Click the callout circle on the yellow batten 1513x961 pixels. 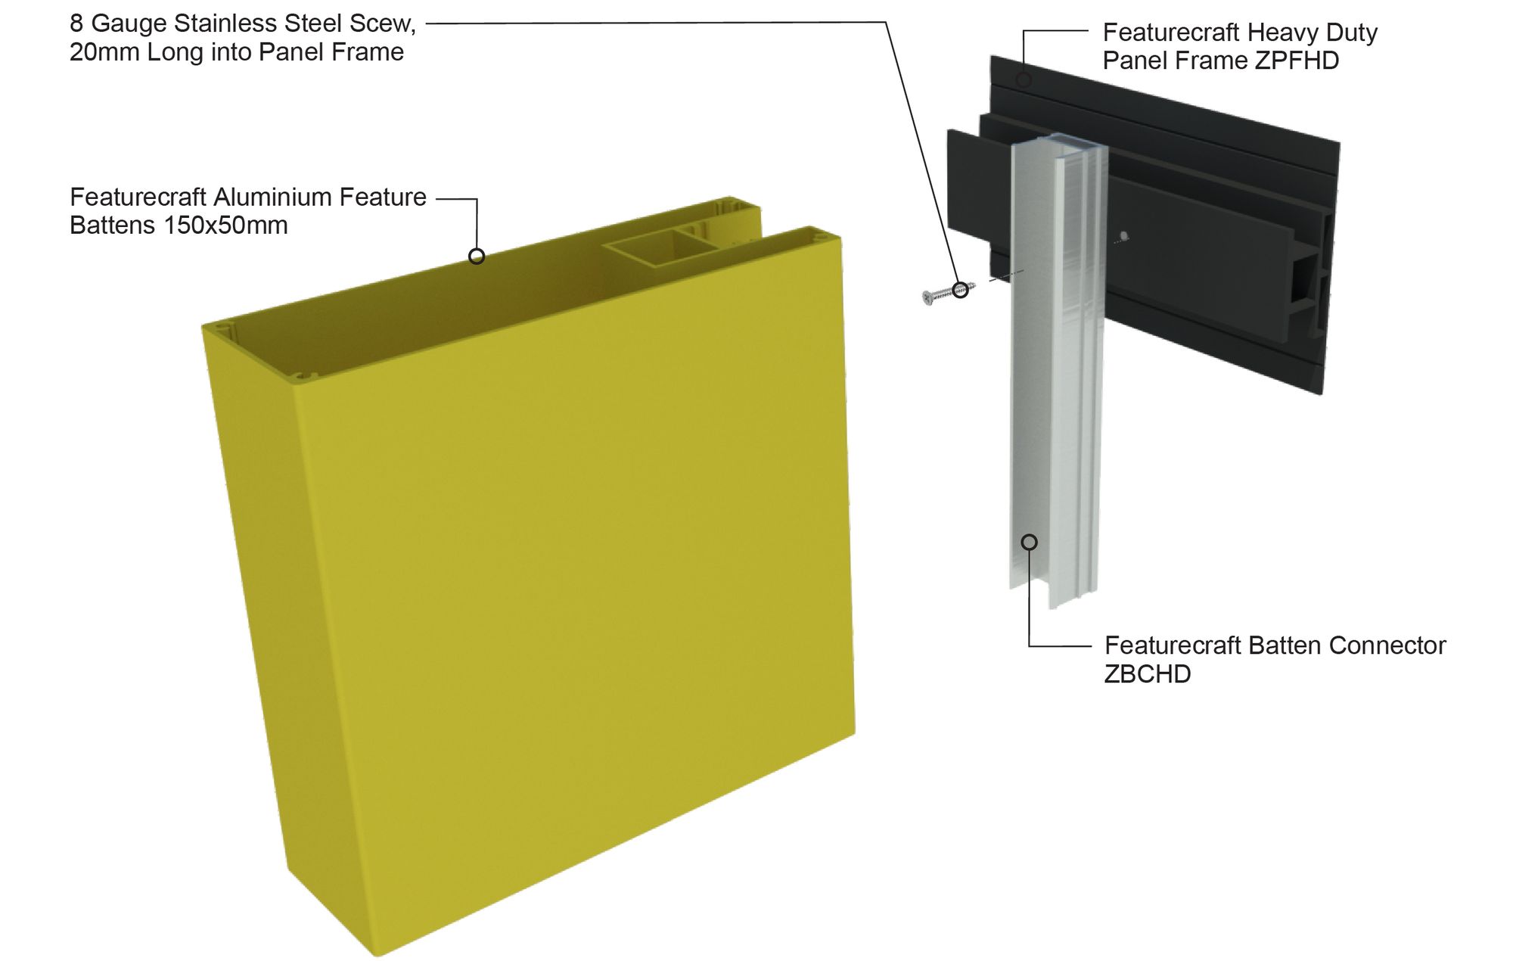click(477, 257)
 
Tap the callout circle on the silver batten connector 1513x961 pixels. click(1029, 542)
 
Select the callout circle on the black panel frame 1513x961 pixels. click(1024, 79)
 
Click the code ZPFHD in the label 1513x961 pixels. click(1296, 61)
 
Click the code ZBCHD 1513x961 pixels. click(1147, 674)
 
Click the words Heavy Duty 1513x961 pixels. click(1312, 33)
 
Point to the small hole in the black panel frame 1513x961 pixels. click(1123, 236)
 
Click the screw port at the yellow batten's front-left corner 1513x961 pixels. click(220, 329)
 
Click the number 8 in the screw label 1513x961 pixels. click(76, 23)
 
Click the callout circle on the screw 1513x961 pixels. click(960, 289)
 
